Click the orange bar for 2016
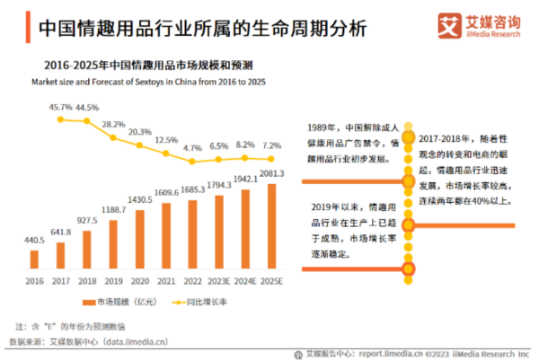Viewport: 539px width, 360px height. tap(33, 259)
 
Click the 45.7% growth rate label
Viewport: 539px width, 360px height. tap(60, 107)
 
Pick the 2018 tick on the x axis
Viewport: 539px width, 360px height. tap(87, 281)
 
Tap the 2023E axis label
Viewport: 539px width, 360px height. tap(217, 281)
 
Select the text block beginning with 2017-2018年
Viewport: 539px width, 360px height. tap(461, 162)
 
